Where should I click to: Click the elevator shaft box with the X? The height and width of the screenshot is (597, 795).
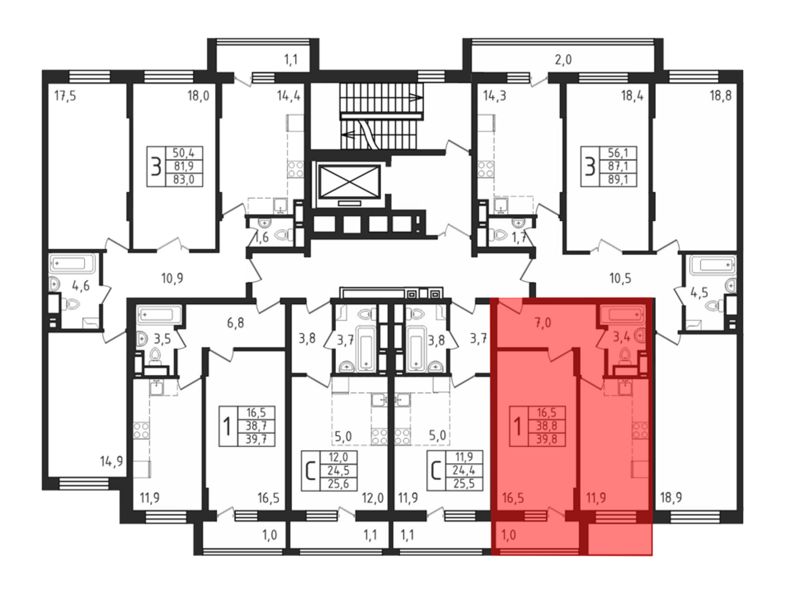click(x=349, y=182)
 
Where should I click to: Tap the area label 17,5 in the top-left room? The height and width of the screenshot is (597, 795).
click(x=65, y=96)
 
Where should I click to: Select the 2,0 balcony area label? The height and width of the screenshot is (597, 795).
click(x=563, y=60)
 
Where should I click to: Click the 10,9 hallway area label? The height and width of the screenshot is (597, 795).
click(x=172, y=278)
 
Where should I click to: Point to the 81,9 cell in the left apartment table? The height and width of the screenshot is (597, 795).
click(x=184, y=166)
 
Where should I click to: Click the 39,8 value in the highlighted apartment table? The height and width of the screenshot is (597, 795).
click(x=546, y=439)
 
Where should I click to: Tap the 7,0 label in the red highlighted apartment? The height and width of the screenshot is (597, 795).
click(x=543, y=323)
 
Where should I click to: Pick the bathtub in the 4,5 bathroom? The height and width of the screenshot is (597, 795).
click(x=713, y=264)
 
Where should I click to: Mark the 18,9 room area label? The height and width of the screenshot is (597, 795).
click(x=671, y=498)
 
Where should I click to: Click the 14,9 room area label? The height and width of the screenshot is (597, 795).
click(x=111, y=462)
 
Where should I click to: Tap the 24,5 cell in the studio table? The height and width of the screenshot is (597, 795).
click(x=338, y=471)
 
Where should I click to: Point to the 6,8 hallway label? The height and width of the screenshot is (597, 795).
click(x=235, y=323)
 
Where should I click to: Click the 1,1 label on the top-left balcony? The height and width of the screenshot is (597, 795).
click(x=291, y=60)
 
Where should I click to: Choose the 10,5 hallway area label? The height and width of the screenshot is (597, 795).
click(x=620, y=278)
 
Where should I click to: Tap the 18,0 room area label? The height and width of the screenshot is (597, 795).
click(x=198, y=96)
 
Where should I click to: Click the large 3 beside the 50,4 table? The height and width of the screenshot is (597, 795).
click(x=156, y=167)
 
